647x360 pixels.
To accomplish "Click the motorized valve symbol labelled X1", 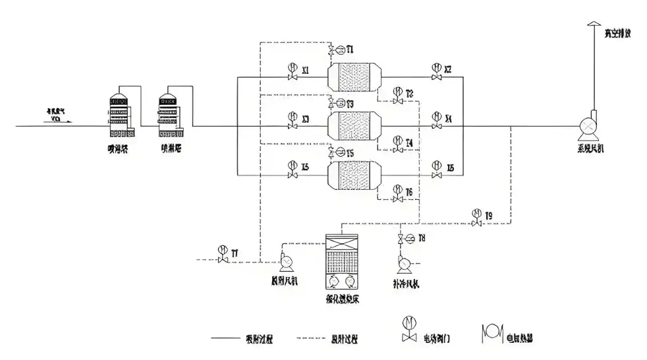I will (292, 73).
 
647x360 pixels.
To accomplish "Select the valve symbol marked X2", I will (436, 73).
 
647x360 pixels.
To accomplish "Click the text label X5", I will (306, 167).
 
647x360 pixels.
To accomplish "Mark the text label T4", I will (410, 142).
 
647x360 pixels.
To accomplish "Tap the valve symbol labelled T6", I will (397, 195).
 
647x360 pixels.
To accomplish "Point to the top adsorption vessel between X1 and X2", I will (355, 76).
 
